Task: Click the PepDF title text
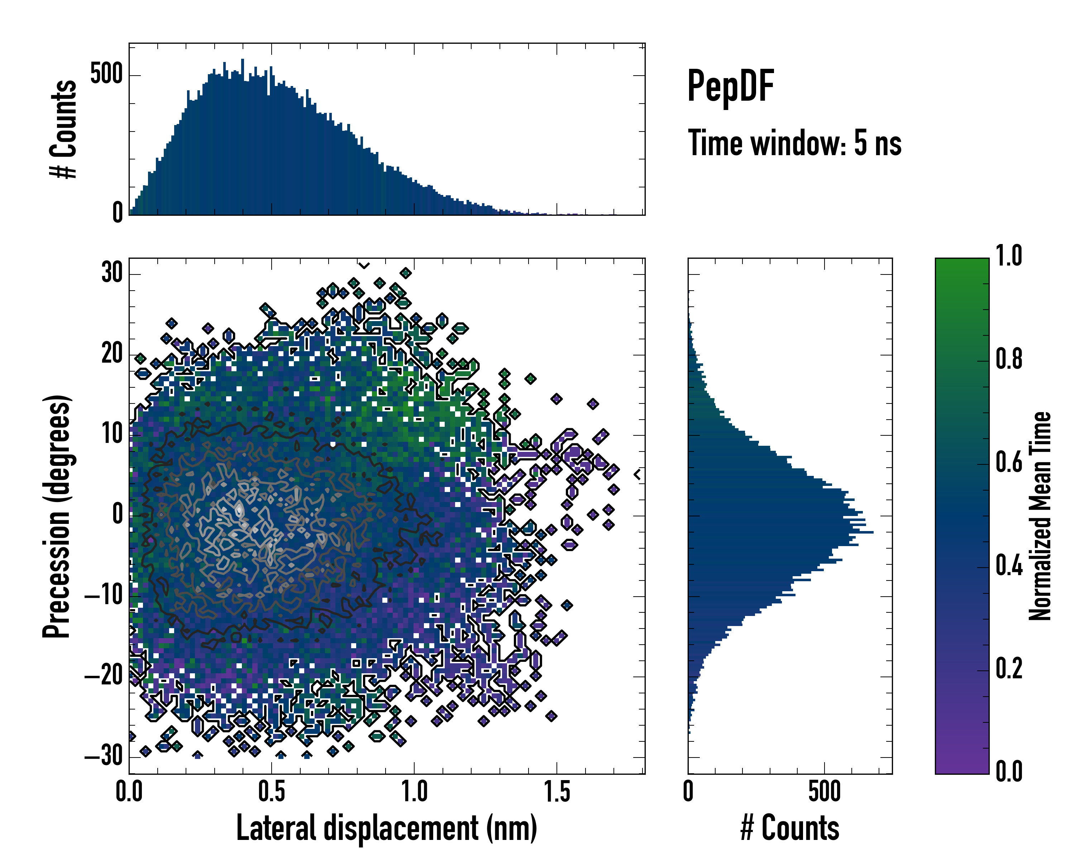(730, 86)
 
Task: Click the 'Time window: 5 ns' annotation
(794, 143)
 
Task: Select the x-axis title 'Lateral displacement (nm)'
(386, 828)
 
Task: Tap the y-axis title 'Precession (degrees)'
(56, 516)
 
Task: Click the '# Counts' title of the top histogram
(63, 129)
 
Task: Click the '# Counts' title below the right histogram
(790, 828)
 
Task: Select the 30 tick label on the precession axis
(112, 273)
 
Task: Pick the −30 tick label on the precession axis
(104, 756)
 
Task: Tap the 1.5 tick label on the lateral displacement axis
(556, 792)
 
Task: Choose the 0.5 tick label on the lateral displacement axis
(272, 792)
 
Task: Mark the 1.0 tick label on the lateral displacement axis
(414, 792)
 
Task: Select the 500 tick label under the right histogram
(824, 792)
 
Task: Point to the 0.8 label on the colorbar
(1009, 359)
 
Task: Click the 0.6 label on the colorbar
(1009, 462)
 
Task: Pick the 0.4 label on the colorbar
(1009, 565)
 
